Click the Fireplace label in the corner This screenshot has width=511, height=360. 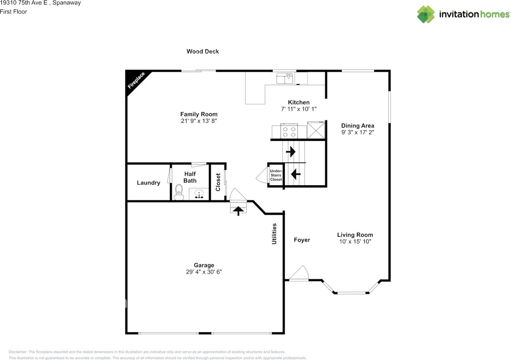click(x=136, y=80)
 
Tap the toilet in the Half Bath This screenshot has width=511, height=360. click(x=179, y=192)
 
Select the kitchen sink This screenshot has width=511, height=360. click(x=285, y=78)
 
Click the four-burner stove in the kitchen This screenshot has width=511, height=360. click(x=289, y=131)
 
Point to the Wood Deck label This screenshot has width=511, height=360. click(x=202, y=51)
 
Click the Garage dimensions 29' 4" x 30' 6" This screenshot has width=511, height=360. click(x=204, y=272)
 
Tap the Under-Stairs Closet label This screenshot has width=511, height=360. click(x=276, y=175)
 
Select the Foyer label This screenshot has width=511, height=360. click(x=302, y=240)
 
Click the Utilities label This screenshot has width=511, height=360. click(x=274, y=234)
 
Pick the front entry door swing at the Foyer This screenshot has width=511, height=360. click(x=299, y=273)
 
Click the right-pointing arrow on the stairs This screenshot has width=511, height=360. click(x=291, y=152)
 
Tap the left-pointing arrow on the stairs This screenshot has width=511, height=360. click(x=296, y=174)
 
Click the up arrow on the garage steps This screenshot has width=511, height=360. click(x=238, y=211)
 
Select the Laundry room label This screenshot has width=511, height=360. click(x=149, y=183)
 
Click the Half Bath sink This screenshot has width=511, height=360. click(x=199, y=194)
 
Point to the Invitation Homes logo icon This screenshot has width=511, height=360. click(x=426, y=14)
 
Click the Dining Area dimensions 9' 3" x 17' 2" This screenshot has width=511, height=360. click(x=358, y=133)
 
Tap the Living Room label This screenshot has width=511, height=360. click(x=355, y=235)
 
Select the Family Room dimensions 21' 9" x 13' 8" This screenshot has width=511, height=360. click(x=199, y=121)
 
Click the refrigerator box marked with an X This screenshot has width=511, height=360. click(x=316, y=130)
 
